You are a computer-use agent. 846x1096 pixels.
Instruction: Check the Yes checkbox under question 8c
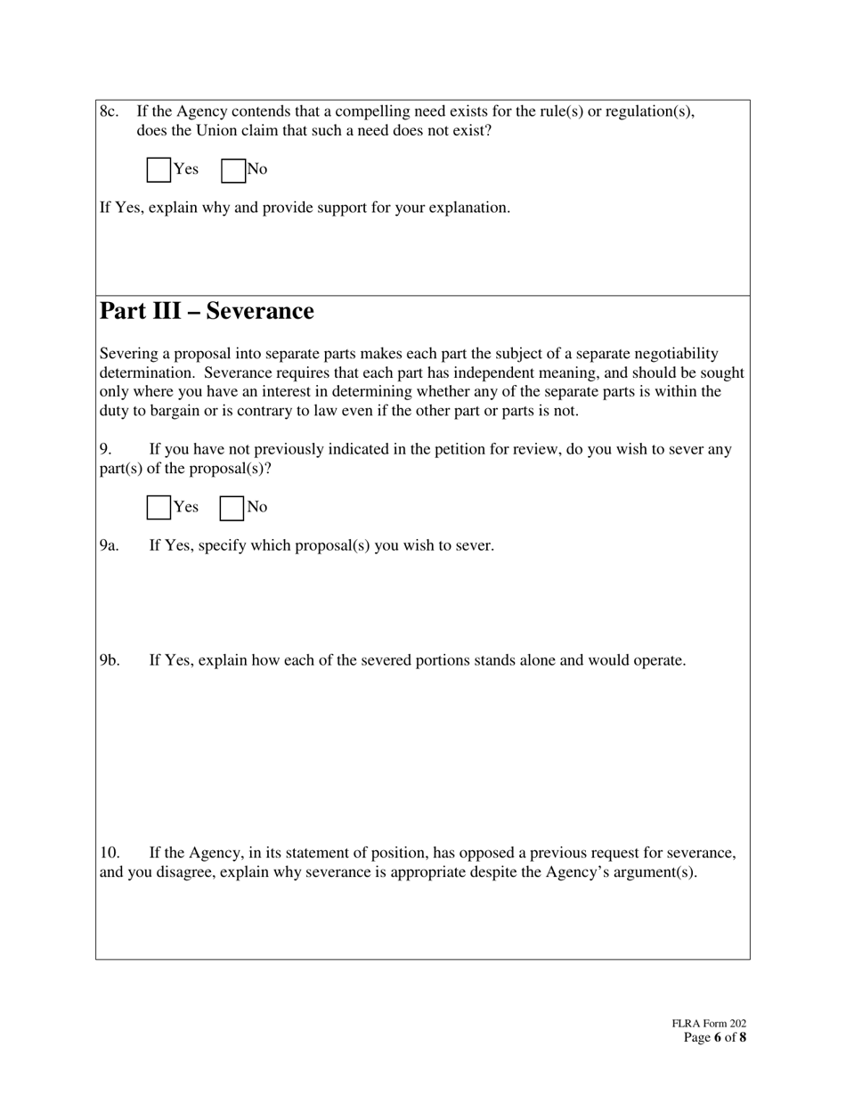point(159,169)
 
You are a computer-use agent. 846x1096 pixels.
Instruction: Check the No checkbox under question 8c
point(233,169)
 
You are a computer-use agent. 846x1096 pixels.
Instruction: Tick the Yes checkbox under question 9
point(159,507)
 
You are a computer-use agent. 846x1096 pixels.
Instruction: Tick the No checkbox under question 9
point(232,507)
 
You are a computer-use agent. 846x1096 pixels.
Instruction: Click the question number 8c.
point(110,111)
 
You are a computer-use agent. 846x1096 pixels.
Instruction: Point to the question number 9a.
point(109,545)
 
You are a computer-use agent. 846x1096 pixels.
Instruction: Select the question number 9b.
point(110,660)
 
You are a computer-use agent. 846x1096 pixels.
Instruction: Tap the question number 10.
point(109,853)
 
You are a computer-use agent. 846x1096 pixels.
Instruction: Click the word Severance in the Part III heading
point(260,311)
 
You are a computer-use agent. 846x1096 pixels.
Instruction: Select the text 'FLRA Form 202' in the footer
point(709,1024)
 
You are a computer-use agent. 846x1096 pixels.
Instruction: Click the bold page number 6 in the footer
point(718,1037)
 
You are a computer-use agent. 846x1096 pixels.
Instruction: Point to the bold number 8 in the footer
point(743,1037)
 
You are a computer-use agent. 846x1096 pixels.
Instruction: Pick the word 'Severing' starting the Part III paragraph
point(128,354)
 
